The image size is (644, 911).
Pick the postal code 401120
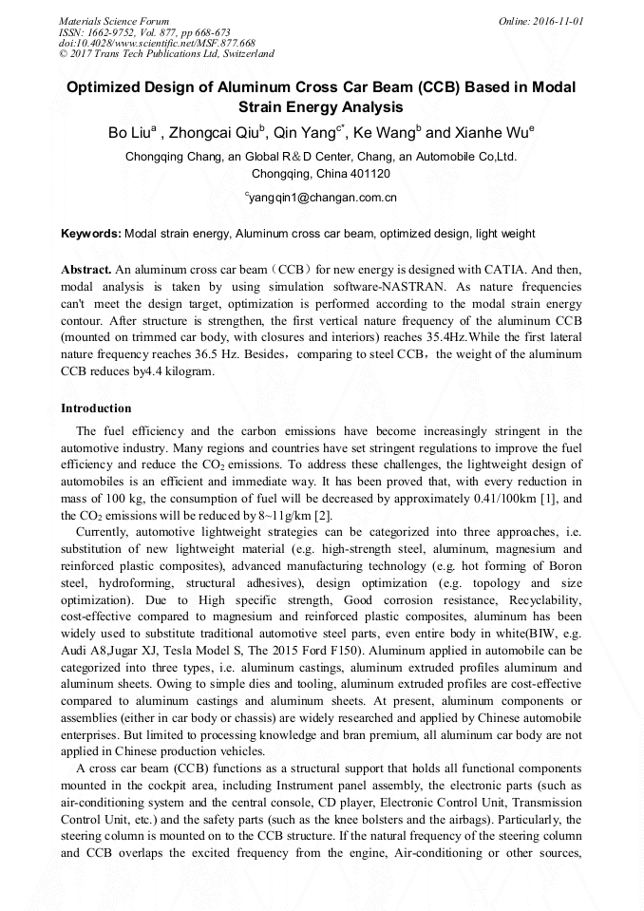click(366, 174)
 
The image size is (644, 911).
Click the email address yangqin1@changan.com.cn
click(323, 198)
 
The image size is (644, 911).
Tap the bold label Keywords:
click(91, 234)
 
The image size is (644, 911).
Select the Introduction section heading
click(96, 408)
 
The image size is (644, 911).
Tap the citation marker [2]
click(323, 516)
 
